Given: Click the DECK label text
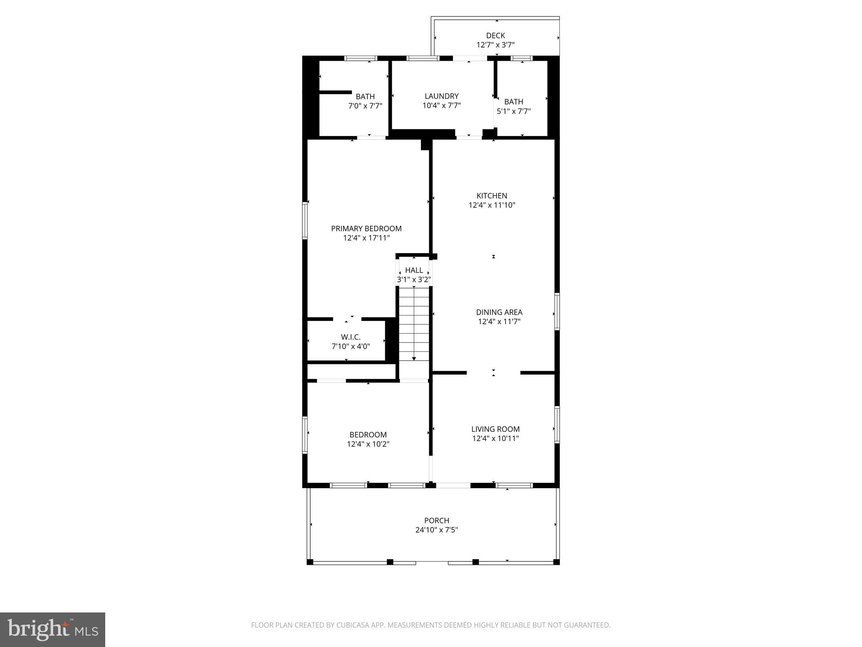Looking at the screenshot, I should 495,36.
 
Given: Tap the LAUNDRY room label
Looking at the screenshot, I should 442,96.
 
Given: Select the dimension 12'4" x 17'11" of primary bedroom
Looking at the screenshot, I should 366,238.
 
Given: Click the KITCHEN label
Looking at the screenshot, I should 492,196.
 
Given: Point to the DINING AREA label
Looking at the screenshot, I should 499,312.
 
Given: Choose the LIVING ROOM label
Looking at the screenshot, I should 495,429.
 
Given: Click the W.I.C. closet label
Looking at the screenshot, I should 351,337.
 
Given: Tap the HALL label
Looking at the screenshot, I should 414,270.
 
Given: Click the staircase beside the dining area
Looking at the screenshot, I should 414,320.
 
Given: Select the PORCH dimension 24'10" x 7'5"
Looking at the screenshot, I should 436,530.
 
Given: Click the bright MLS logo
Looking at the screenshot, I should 53,629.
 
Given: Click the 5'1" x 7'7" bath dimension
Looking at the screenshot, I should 513,112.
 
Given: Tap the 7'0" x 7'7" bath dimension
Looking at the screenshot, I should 365,106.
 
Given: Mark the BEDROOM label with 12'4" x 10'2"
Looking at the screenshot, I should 368,435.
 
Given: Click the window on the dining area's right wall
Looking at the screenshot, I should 557,312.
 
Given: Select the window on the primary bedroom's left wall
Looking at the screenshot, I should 305,221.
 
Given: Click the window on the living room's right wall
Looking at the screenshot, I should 557,425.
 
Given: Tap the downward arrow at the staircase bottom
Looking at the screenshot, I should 414,358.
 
